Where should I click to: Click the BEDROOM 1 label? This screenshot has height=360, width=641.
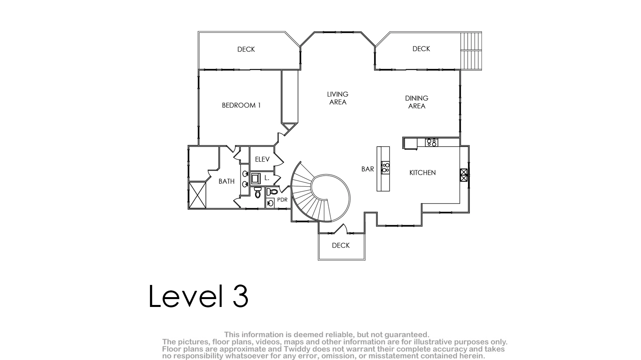(241, 105)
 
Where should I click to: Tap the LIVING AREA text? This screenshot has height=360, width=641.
(338, 98)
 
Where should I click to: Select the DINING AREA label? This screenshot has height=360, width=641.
(417, 102)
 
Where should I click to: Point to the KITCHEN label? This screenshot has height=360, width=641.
(422, 173)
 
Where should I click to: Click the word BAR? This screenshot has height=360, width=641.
(367, 169)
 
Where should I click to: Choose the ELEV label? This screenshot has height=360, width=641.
(262, 159)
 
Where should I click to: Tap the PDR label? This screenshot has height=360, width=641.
(282, 200)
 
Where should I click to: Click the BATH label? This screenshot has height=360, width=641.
(226, 181)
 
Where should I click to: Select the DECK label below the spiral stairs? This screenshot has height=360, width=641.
(341, 246)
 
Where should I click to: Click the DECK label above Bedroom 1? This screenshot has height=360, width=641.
(246, 49)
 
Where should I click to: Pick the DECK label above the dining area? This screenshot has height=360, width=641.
(421, 49)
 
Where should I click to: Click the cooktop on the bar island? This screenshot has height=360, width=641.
(385, 167)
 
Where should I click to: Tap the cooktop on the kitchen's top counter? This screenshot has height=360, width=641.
(432, 142)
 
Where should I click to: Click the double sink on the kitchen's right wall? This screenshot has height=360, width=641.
(463, 175)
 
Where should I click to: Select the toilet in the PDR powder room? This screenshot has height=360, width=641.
(272, 192)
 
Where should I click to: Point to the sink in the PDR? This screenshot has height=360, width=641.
(270, 203)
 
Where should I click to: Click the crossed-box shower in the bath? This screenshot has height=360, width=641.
(198, 195)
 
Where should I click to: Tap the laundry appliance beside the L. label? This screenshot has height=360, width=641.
(256, 178)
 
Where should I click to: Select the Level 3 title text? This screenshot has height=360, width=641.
(198, 296)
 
